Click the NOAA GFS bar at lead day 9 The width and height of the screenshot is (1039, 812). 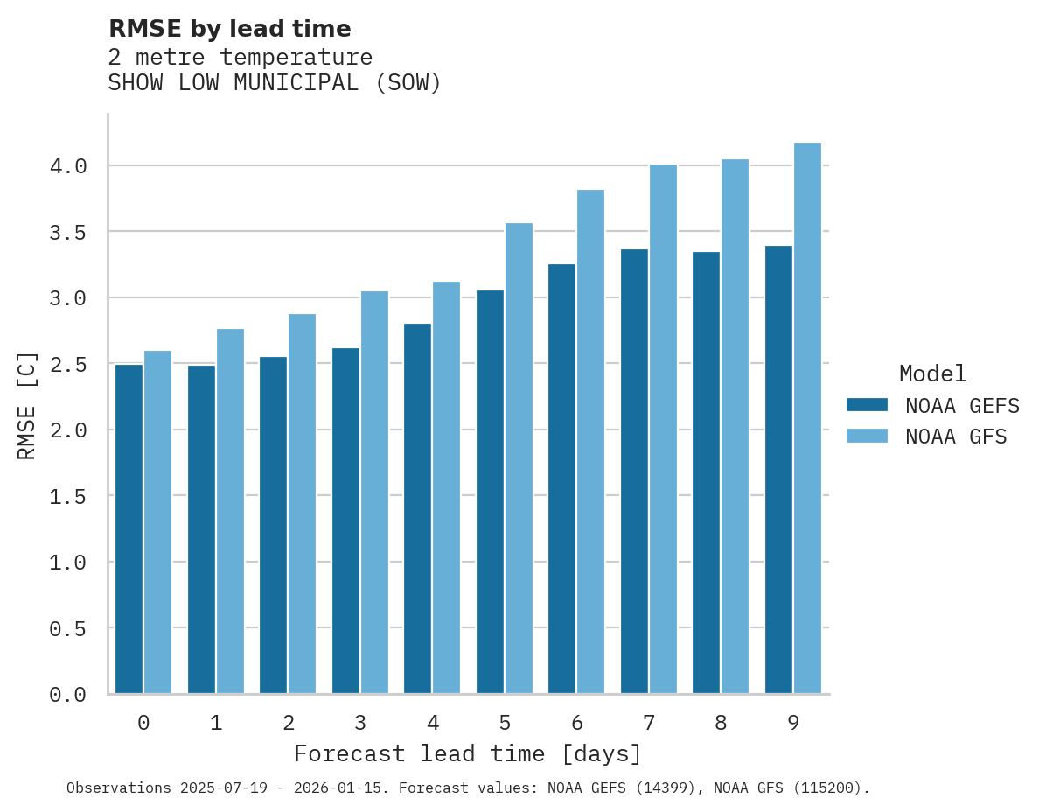807,417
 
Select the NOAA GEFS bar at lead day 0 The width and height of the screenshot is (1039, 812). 129,528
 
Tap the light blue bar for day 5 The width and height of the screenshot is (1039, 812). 519,458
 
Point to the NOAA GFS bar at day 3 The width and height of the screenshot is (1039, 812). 374,492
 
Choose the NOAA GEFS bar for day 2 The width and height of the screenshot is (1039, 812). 273,525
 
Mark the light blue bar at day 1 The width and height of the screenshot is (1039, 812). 230,511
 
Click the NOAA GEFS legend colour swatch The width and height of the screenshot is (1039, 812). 867,405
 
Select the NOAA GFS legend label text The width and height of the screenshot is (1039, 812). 956,437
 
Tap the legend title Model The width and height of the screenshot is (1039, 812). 932,374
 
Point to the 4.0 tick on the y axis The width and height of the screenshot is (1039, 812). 67,166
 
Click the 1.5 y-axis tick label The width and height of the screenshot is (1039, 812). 67,496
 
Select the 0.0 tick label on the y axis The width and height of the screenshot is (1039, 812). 67,695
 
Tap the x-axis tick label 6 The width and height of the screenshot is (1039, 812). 576,723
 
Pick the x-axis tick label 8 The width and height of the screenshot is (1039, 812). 721,723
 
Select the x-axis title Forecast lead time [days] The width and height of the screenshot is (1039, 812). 468,753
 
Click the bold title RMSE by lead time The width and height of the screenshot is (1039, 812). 229,29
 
